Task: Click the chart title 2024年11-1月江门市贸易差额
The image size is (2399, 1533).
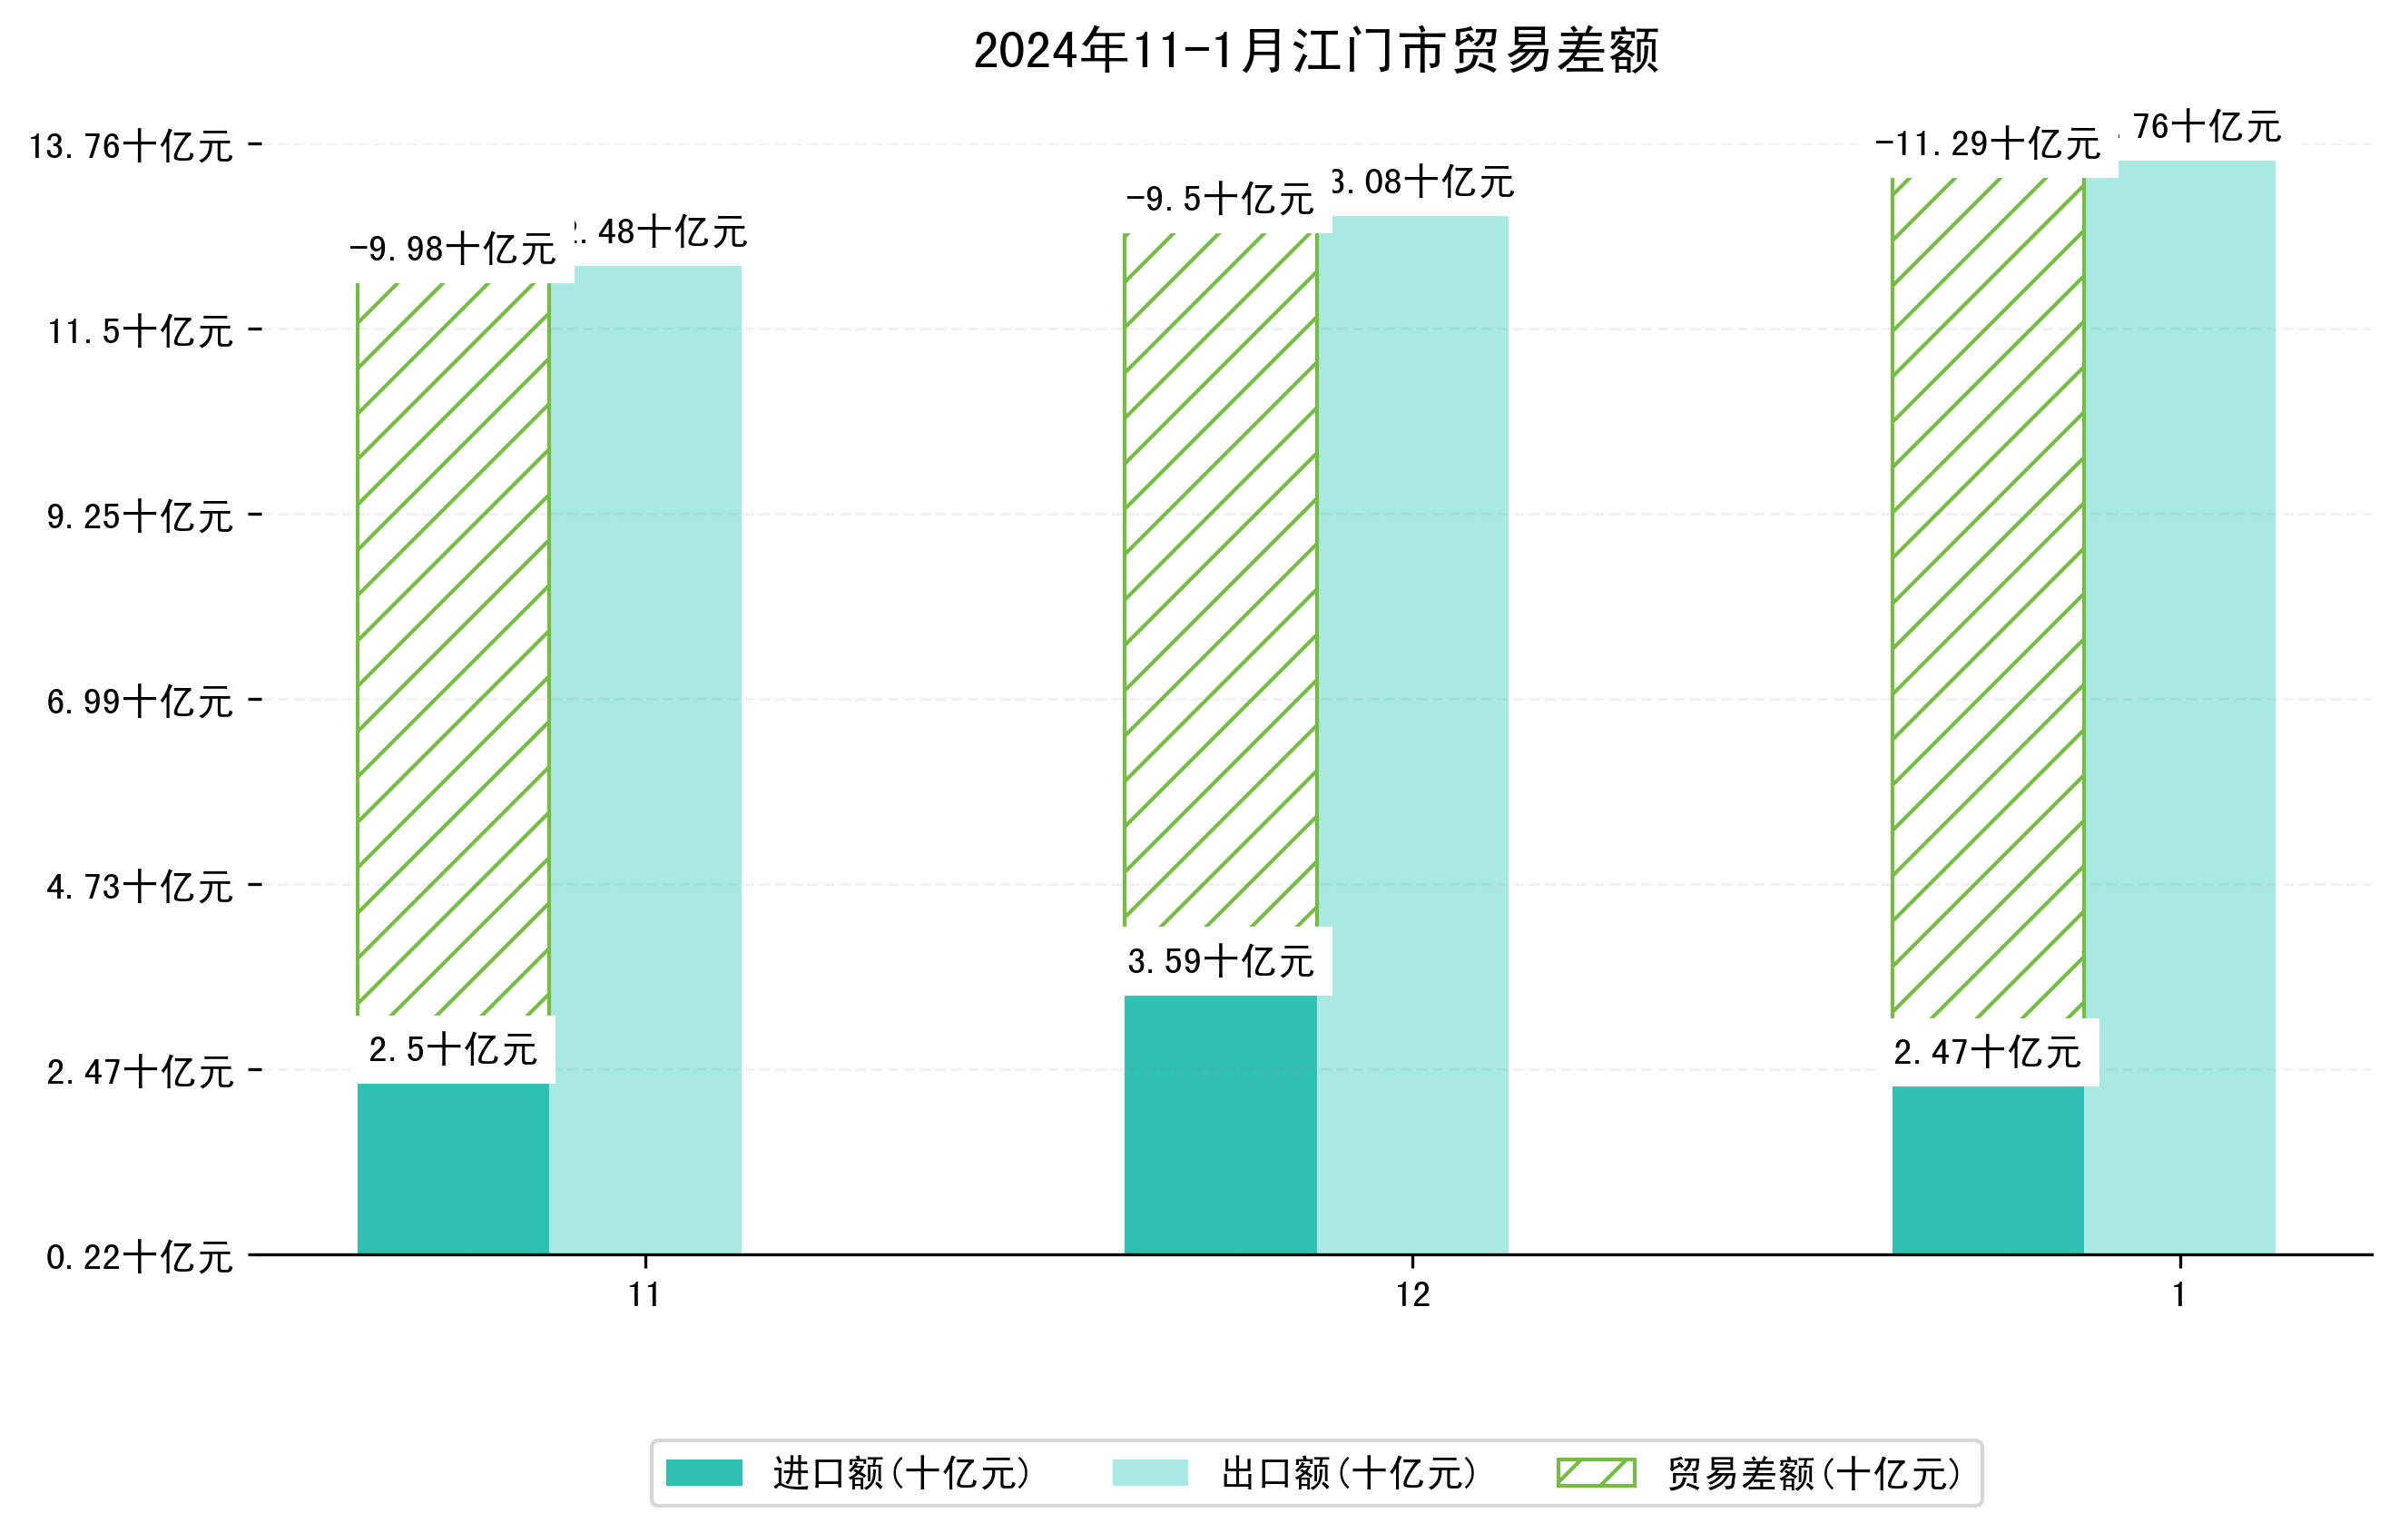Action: pyautogui.click(x=1315, y=51)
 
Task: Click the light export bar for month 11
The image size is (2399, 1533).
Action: pyautogui.click(x=645, y=757)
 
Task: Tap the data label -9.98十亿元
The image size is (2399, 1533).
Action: pyautogui.click(x=452, y=249)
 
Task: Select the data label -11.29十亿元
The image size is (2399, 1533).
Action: pyautogui.click(x=1987, y=144)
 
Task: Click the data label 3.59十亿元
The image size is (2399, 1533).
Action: pyautogui.click(x=1221, y=961)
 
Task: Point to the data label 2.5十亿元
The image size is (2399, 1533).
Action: pyautogui.click(x=453, y=1049)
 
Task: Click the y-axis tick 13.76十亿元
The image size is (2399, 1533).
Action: pyautogui.click(x=131, y=146)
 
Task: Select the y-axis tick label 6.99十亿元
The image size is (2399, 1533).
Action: pyautogui.click(x=140, y=702)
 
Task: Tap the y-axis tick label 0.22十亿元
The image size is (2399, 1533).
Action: pyautogui.click(x=140, y=1256)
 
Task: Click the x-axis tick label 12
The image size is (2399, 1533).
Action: pyautogui.click(x=1412, y=1295)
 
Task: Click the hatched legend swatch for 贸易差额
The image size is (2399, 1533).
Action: pyautogui.click(x=1596, y=1472)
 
